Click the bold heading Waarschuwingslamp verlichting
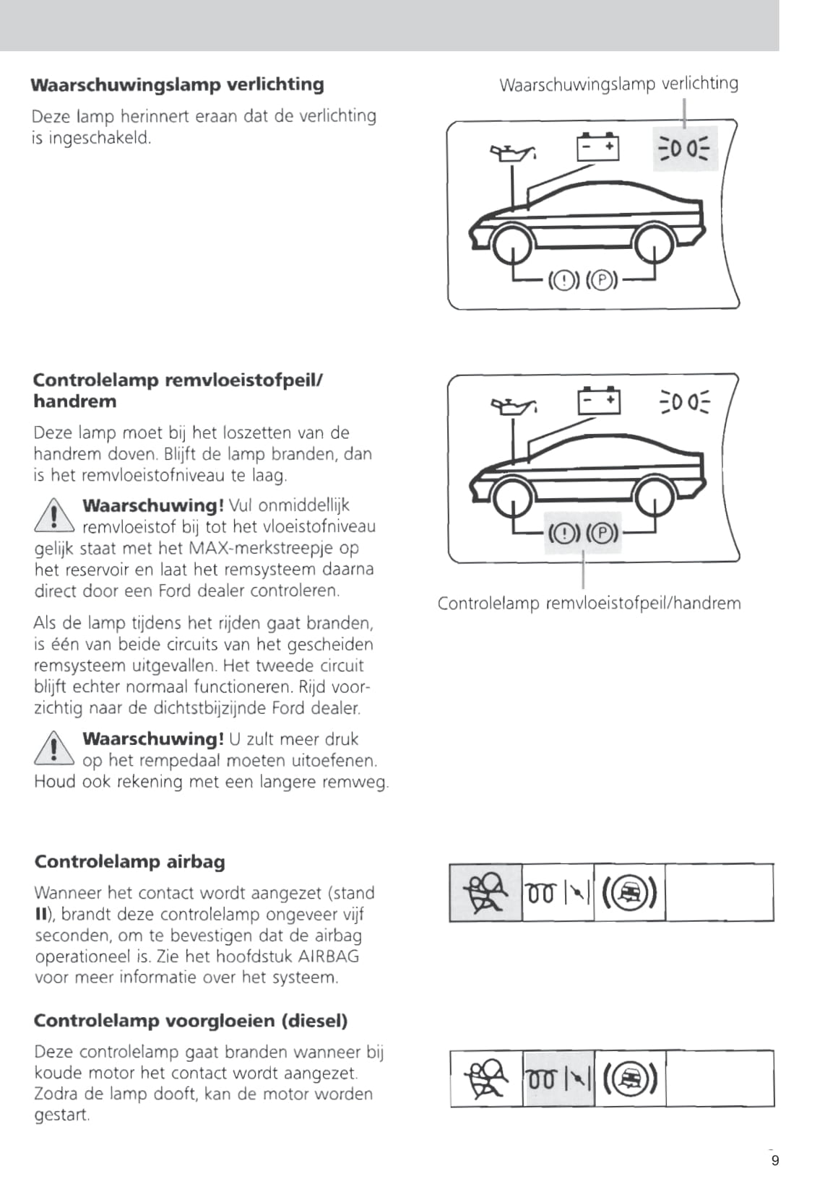[177, 84]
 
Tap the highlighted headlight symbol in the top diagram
[685, 149]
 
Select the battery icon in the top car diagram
[597, 147]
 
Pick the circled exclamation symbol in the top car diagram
[564, 280]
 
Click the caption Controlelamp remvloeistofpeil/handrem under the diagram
[589, 603]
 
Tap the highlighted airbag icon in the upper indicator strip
[485, 893]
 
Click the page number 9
[775, 1161]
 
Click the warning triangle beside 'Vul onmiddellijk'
[54, 516]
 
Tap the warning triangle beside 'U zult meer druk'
[54, 749]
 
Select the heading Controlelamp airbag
[129, 862]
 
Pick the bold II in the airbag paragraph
[41, 915]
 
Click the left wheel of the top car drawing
[512, 244]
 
